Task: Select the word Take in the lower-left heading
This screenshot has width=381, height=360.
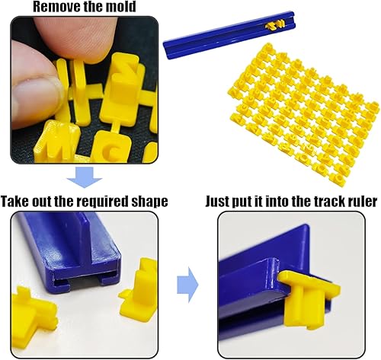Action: point(15,202)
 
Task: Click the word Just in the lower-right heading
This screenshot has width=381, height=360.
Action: point(217,202)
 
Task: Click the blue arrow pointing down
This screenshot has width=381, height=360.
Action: point(85,177)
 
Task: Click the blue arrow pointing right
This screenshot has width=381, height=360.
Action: point(187,285)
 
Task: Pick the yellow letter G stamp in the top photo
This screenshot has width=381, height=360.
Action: point(110,147)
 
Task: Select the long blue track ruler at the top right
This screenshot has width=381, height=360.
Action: point(229,34)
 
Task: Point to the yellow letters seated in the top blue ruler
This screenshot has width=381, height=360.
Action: point(276,25)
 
